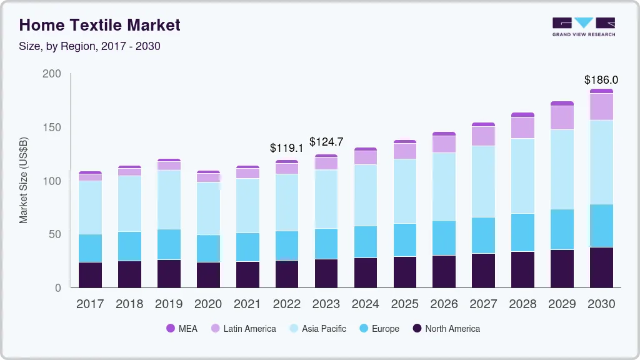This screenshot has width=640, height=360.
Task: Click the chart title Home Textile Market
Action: click(99, 25)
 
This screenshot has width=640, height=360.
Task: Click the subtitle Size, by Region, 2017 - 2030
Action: click(90, 46)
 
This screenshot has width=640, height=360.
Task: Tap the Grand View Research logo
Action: click(583, 27)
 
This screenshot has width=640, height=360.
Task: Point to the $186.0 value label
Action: click(601, 80)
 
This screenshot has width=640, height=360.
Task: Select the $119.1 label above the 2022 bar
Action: click(286, 148)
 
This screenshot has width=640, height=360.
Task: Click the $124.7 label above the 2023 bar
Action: click(326, 142)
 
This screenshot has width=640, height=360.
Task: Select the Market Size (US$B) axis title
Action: click(24, 180)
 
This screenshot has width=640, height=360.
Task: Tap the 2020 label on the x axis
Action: click(208, 304)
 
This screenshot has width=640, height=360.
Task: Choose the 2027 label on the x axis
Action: click(483, 304)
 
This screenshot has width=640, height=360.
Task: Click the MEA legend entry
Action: click(182, 329)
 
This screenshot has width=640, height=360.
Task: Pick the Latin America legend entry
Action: click(243, 329)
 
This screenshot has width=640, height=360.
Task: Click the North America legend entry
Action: click(446, 329)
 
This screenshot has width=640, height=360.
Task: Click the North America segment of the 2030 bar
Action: click(601, 267)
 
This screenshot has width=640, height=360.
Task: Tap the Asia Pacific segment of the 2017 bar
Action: click(90, 207)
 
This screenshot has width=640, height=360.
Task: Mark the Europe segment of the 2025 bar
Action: click(404, 240)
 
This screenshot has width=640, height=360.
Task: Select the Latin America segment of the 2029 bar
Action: click(562, 117)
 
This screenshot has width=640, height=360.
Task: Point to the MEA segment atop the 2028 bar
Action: click(522, 115)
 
